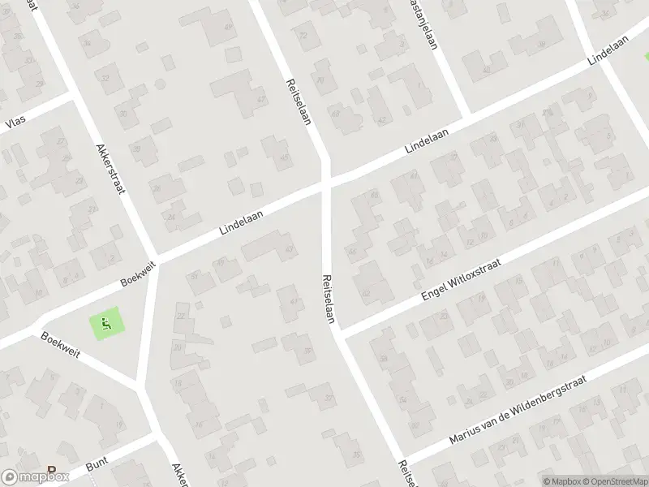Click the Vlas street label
click(15, 123)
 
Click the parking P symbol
click(53, 470)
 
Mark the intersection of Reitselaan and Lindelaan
click(326, 185)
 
